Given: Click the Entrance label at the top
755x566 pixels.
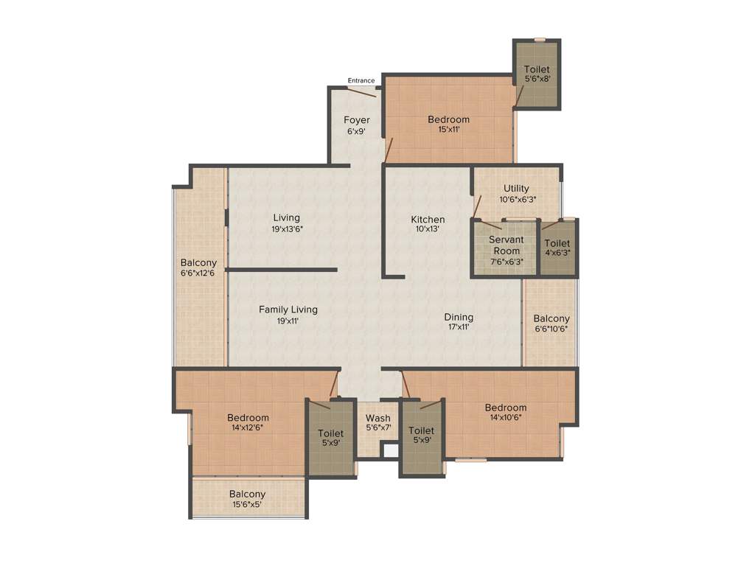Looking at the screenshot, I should tap(361, 80).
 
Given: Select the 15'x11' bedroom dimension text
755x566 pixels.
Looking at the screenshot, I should tap(448, 130).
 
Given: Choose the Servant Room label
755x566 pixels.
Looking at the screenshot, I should tap(505, 245).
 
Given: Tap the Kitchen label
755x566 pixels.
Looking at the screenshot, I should tap(428, 219).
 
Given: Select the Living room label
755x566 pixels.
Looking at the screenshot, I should tap(287, 217).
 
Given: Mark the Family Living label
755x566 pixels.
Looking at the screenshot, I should tap(288, 310).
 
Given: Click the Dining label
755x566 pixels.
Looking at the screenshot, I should tap(459, 317).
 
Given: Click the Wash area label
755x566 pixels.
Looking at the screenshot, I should tap(378, 418).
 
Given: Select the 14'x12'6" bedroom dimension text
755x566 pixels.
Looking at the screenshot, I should tap(248, 427).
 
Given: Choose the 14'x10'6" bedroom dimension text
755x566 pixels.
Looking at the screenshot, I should tap(506, 417).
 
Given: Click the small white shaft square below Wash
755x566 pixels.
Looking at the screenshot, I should tap(390, 450).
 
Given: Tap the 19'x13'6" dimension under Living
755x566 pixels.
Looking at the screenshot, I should tap(287, 228).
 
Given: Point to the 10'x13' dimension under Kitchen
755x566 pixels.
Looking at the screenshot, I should tap(428, 229).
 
